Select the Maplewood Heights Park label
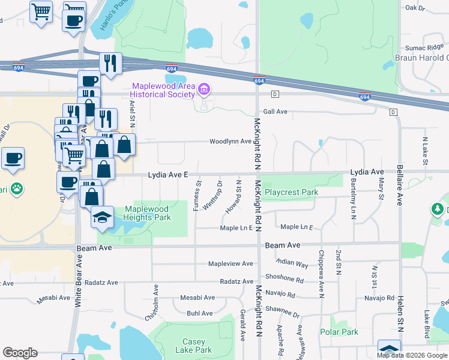coord(147,213)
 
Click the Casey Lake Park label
coord(193,346)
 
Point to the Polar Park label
coord(339,332)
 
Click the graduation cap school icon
coord(103,217)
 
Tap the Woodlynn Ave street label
coord(231,142)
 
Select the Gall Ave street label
coord(276,112)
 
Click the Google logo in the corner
coord(20,353)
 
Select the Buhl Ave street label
coord(199,313)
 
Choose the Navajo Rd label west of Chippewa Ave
coord(282,295)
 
